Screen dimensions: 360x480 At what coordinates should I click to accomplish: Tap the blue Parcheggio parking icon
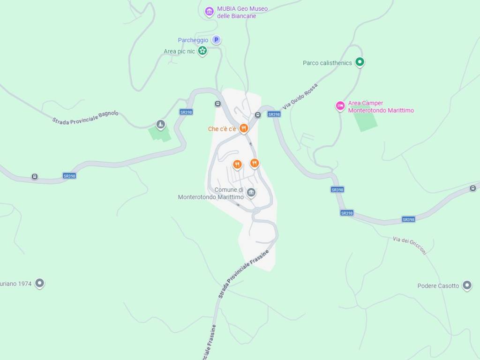pyautogui.click(x=216, y=40)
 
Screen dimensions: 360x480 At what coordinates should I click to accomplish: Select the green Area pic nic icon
pyautogui.click(x=202, y=51)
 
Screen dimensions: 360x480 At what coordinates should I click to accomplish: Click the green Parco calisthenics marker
pyautogui.click(x=360, y=61)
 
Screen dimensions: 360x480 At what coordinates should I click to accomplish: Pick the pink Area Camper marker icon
pyautogui.click(x=340, y=106)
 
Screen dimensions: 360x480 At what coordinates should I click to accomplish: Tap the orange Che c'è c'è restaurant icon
pyautogui.click(x=243, y=128)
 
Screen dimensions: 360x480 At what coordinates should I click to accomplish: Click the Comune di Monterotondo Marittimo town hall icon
pyautogui.click(x=251, y=192)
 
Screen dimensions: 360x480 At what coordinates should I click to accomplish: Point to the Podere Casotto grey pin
pyautogui.click(x=467, y=285)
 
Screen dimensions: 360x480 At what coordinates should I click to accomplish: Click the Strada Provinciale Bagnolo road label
pyautogui.click(x=85, y=118)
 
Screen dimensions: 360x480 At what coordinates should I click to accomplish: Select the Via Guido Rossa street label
pyautogui.click(x=300, y=97)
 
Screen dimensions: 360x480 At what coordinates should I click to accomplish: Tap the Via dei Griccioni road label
pyautogui.click(x=410, y=245)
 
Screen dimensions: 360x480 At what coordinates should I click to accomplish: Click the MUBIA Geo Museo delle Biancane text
pyautogui.click(x=242, y=12)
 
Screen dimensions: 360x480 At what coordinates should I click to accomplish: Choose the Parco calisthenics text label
pyautogui.click(x=327, y=63)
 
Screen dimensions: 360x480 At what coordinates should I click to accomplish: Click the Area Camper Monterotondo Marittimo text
pyautogui.click(x=381, y=107)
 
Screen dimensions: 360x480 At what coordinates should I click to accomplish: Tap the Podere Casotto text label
pyautogui.click(x=438, y=286)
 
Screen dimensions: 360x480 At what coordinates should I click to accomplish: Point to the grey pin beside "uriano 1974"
pyautogui.click(x=40, y=283)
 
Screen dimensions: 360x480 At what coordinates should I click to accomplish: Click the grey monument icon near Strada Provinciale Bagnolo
pyautogui.click(x=161, y=124)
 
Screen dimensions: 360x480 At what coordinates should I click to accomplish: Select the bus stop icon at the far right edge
pyautogui.click(x=472, y=188)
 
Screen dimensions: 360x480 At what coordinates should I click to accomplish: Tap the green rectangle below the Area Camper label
pyautogui.click(x=365, y=121)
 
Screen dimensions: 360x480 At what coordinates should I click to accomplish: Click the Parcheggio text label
pyautogui.click(x=193, y=40)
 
